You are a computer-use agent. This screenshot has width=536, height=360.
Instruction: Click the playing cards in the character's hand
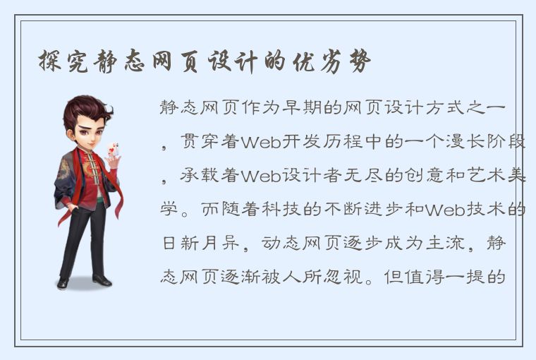coord(111,150)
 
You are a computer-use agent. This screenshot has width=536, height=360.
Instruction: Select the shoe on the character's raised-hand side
coord(102,280)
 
